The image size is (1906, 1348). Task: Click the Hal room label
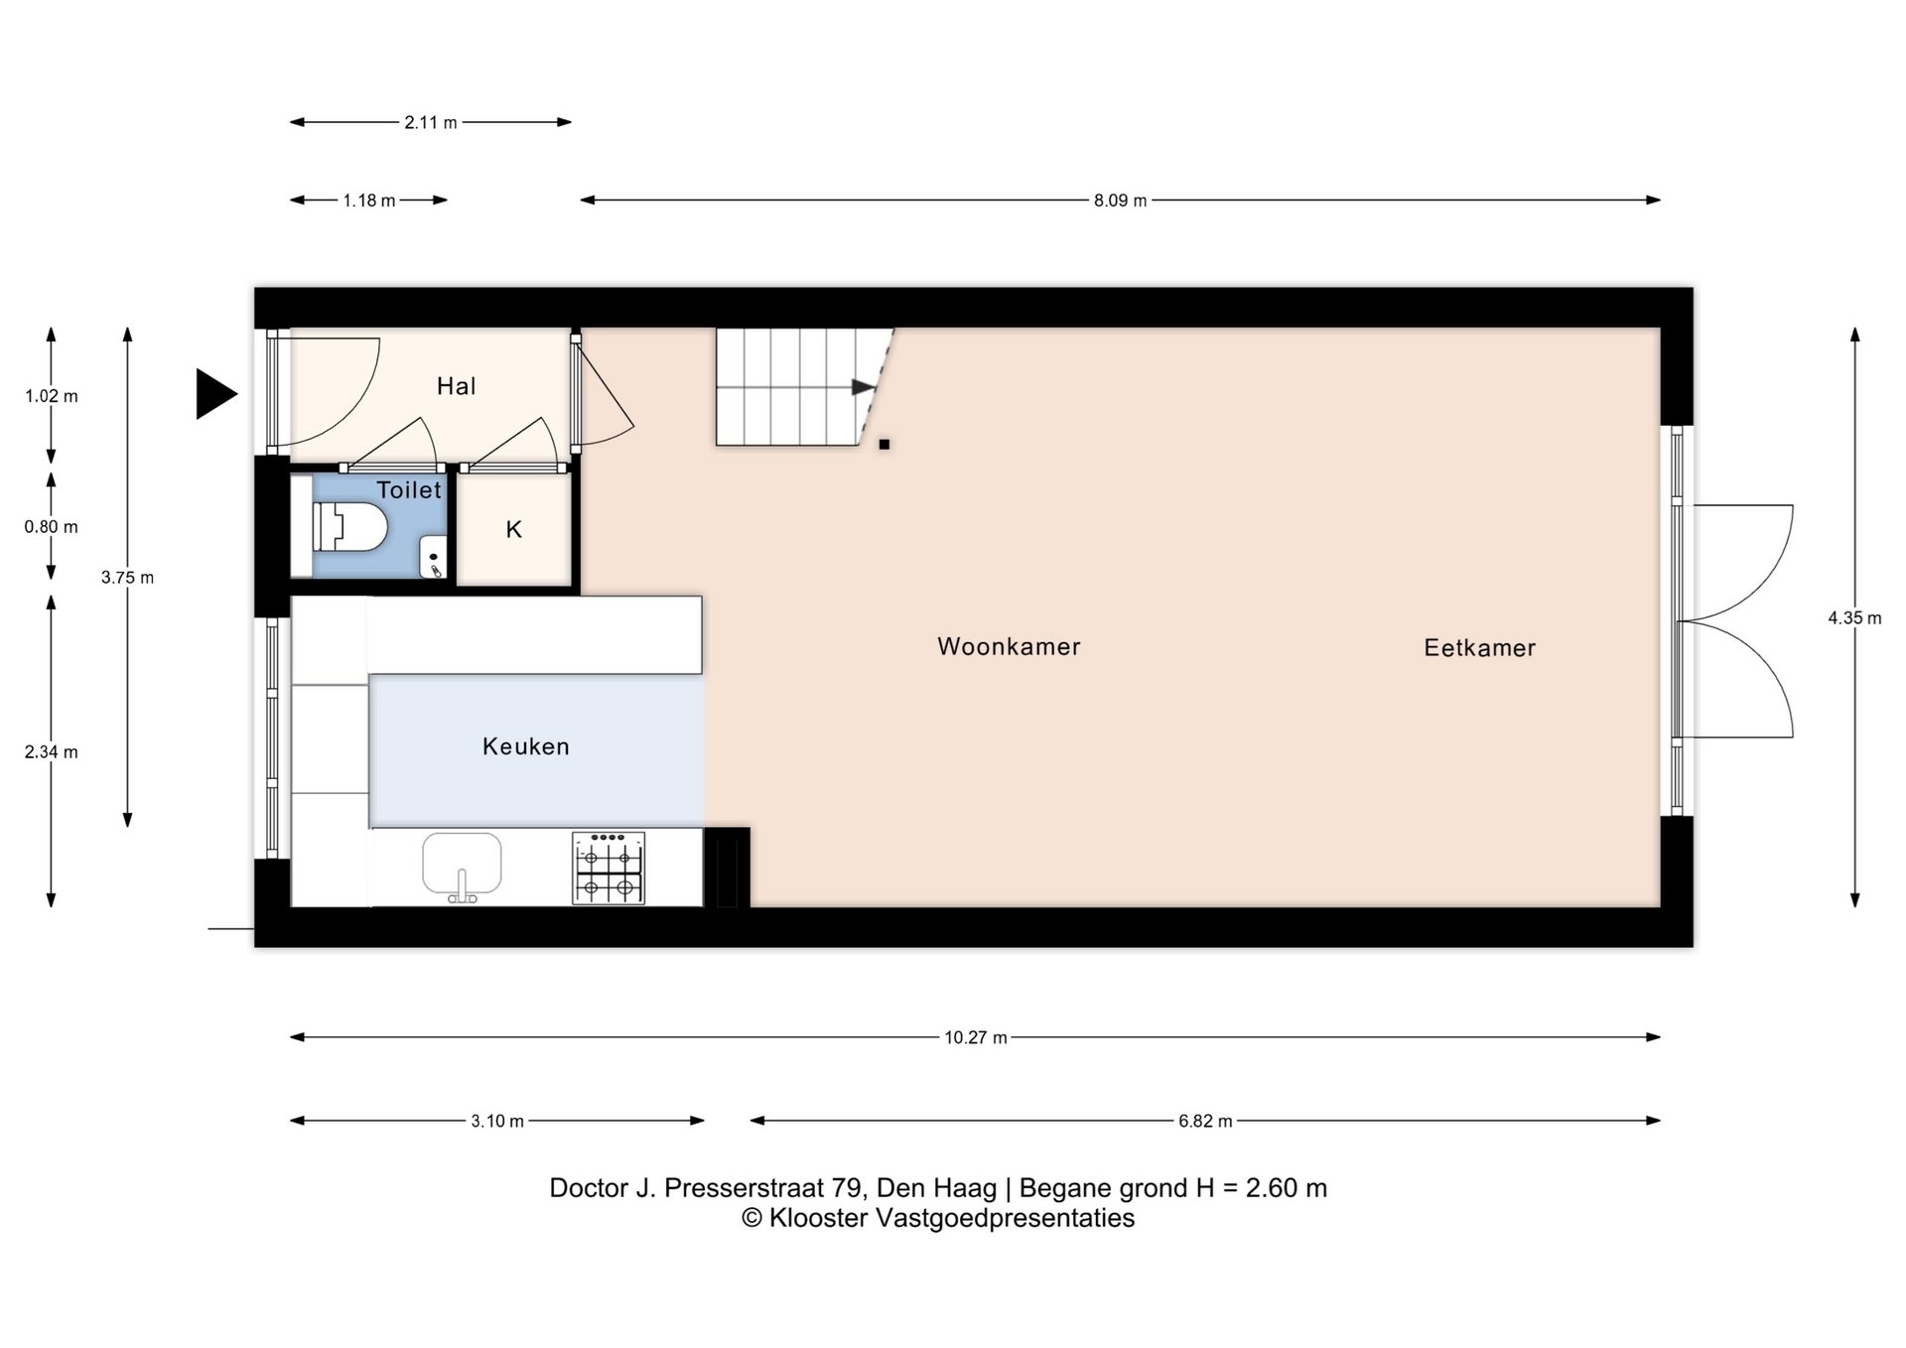pyautogui.click(x=456, y=386)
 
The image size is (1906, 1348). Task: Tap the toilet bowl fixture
pyautogui.click(x=349, y=527)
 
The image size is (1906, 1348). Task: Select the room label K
pyautogui.click(x=513, y=530)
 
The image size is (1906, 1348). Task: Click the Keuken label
pyautogui.click(x=526, y=746)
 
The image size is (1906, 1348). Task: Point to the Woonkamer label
pyautogui.click(x=1009, y=646)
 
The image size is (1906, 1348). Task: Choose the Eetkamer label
pyautogui.click(x=1479, y=648)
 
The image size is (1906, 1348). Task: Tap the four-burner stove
pyautogui.click(x=609, y=868)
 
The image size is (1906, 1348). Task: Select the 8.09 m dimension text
pyautogui.click(x=1120, y=201)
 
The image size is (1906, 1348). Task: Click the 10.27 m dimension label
pyautogui.click(x=975, y=1038)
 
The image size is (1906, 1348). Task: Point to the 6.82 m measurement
pyautogui.click(x=1205, y=1122)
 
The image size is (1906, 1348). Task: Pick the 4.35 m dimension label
pyautogui.click(x=1854, y=618)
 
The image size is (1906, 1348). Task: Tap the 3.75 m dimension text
pyautogui.click(x=127, y=578)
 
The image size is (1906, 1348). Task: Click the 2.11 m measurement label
pyautogui.click(x=431, y=123)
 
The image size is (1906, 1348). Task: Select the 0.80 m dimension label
pyautogui.click(x=51, y=527)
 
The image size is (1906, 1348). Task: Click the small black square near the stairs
pyautogui.click(x=885, y=445)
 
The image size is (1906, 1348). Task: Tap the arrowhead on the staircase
pyautogui.click(x=863, y=387)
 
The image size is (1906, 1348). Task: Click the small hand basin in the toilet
pyautogui.click(x=433, y=557)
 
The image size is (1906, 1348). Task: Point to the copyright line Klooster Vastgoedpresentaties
pyautogui.click(x=938, y=1219)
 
